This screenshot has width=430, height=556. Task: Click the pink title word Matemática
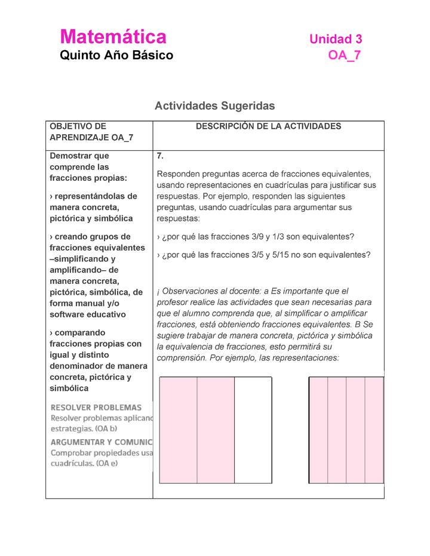tap(113, 37)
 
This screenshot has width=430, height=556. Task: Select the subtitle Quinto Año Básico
tap(116, 55)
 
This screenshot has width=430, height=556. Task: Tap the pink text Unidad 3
tap(336, 39)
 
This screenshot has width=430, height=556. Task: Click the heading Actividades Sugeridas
tap(214, 106)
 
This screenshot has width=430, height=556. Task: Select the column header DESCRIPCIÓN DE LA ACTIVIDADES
tap(268, 126)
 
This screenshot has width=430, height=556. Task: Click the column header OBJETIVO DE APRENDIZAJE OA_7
tap(91, 132)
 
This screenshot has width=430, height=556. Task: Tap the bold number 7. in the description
tap(160, 156)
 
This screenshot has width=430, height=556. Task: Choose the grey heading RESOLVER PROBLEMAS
tap(96, 407)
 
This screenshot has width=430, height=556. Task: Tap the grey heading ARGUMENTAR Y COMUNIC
tap(101, 442)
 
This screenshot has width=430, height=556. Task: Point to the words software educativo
tap(88, 314)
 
